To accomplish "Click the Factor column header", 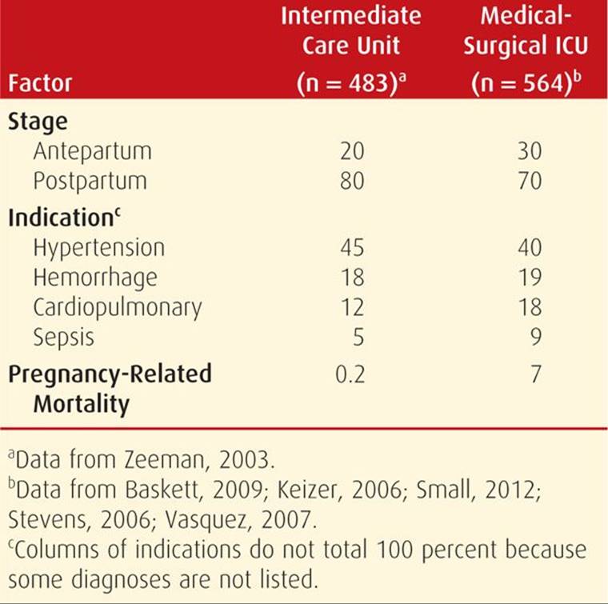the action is (x=40, y=83).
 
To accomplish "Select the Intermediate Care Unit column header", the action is (x=351, y=50).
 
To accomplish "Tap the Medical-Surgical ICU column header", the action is (x=526, y=50).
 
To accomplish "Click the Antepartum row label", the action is (x=92, y=151).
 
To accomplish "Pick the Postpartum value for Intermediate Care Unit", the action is (x=352, y=181).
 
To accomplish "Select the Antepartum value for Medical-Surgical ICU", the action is (x=530, y=151).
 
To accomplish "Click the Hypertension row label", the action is (x=99, y=248).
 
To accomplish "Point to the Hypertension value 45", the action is (x=352, y=247).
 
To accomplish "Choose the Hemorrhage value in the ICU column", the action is (x=530, y=277).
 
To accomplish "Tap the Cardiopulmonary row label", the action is (x=118, y=308).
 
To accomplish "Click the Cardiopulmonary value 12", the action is (x=353, y=307).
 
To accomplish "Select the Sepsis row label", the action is (x=63, y=338).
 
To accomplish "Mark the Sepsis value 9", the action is (x=535, y=337).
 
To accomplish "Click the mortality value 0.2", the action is (x=350, y=374).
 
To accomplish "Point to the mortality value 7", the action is (x=535, y=374).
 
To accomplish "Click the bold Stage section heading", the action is (x=38, y=122).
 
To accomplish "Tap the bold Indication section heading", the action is (x=64, y=217).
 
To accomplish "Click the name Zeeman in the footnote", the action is (x=165, y=460).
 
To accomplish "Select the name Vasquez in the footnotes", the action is (x=206, y=520).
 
